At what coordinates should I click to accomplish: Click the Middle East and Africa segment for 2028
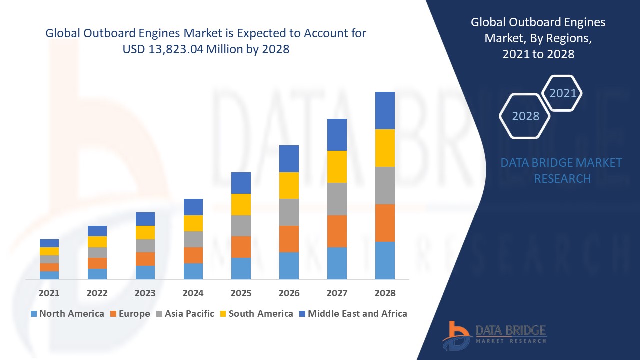(385, 110)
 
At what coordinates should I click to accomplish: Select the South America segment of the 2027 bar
(337, 167)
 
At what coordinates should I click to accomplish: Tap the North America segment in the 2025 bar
(241, 268)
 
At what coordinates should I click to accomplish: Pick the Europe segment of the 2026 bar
(289, 239)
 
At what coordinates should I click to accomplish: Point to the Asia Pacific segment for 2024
(193, 239)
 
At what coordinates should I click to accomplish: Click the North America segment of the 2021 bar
(49, 275)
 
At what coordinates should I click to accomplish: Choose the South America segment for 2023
(145, 232)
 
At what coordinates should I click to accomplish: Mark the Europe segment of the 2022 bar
(97, 263)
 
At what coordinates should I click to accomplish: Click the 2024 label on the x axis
(193, 293)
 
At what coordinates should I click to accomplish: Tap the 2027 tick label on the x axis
(337, 293)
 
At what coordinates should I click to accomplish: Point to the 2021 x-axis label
(49, 293)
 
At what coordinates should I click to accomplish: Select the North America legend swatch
(34, 314)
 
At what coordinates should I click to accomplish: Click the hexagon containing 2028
(525, 116)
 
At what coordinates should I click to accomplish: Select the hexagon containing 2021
(562, 93)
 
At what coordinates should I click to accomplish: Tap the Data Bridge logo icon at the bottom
(457, 335)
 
